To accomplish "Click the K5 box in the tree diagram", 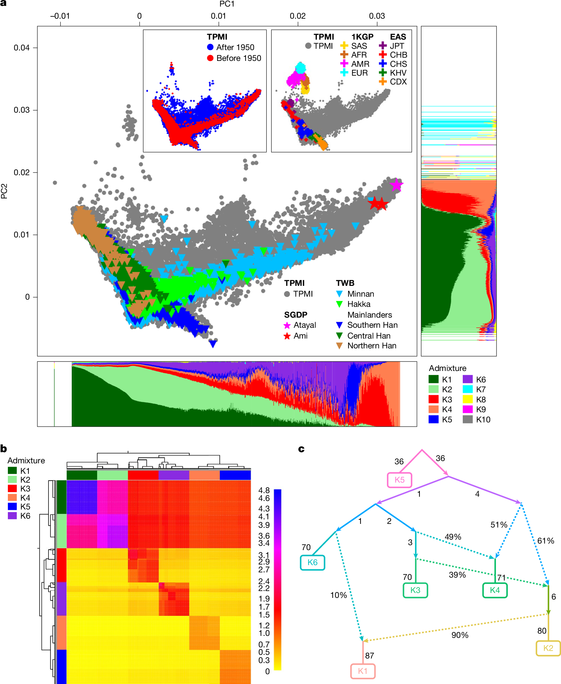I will pos(399,480).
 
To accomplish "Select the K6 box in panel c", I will pos(312,563).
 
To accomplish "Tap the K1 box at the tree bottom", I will pos(363,671).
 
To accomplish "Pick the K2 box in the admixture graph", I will pos(548,648).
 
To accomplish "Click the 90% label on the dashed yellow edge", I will pos(460,635).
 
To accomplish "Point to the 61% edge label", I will pos(546,541).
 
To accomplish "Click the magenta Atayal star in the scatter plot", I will pos(396,185).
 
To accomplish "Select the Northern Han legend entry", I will pos(372,346).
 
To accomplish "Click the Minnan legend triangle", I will pos(340,294).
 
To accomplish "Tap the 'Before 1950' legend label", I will pos(238,58).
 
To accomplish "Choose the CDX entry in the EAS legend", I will pos(398,82).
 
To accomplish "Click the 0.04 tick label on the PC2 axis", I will pos(22,48).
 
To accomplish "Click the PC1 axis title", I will pos(227,4).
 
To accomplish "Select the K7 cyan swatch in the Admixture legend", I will pos(467,389).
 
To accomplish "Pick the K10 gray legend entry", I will pos(483,419).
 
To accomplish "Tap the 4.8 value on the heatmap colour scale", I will pos(264,490).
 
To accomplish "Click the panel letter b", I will pos(4,449).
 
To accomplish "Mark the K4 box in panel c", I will pos(495,590).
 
